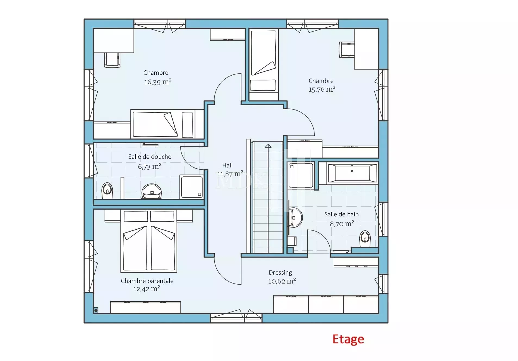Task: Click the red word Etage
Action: pyautogui.click(x=348, y=339)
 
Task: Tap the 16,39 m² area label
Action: pyautogui.click(x=158, y=82)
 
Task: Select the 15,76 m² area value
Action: pyautogui.click(x=322, y=89)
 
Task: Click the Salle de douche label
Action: pyautogui.click(x=150, y=157)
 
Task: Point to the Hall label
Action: pyautogui.click(x=227, y=165)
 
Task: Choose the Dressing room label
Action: pyautogui.click(x=280, y=272)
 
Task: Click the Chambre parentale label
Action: pyautogui.click(x=147, y=281)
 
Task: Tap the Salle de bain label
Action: pyautogui.click(x=342, y=214)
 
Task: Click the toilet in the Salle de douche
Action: pyautogui.click(x=107, y=191)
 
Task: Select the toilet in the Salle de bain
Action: pyautogui.click(x=365, y=239)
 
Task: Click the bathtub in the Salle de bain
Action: pyautogui.click(x=352, y=173)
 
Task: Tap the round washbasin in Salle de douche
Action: pyautogui.click(x=152, y=191)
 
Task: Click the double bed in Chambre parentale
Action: pyautogui.click(x=149, y=241)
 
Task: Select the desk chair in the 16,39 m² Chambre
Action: pyautogui.click(x=112, y=60)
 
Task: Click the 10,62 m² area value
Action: pyautogui.click(x=282, y=281)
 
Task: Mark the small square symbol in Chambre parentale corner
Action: pyautogui.click(x=96, y=310)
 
